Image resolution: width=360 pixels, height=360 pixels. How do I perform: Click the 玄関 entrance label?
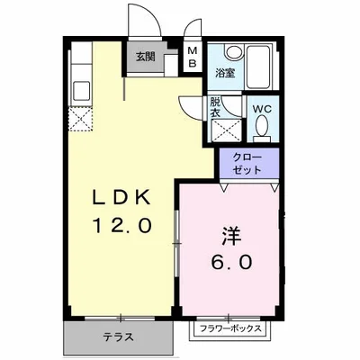coord(145,56)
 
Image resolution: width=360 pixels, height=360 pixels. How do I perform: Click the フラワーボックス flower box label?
coord(230,329)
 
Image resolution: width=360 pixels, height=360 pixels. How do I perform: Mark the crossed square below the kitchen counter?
coord(77,118)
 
